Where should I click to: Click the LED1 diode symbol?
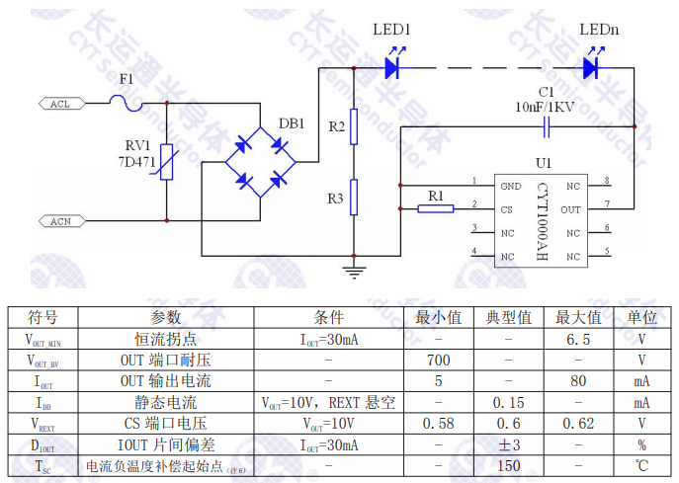[392, 67]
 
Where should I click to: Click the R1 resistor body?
[436, 207]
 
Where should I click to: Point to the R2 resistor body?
[354, 127]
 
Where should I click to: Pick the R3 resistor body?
[354, 199]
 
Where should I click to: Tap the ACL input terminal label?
[59, 103]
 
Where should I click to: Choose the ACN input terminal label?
[60, 221]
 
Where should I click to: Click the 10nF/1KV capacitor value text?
[545, 107]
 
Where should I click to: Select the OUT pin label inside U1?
[570, 209]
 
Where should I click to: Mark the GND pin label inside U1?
[510, 186]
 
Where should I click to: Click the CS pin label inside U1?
[506, 209]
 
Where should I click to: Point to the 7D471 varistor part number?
[138, 160]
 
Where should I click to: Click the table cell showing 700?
[438, 361]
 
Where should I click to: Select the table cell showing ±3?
[509, 444]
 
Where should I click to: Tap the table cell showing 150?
[509, 465]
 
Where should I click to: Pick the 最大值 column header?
[579, 318]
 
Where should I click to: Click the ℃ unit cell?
[641, 465]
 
